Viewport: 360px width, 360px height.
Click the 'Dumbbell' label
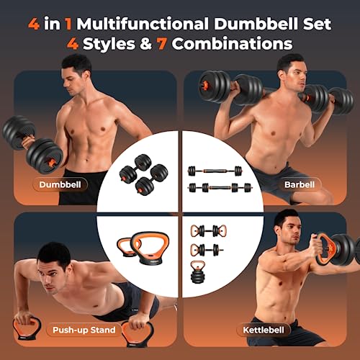click(79, 184)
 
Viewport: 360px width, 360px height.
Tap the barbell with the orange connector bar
click(220, 171)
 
